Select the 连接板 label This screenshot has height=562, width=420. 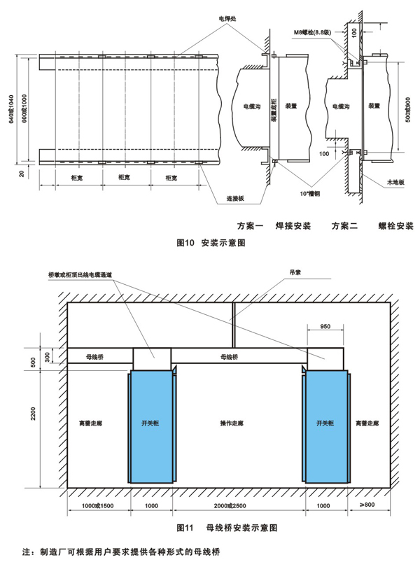click(236, 198)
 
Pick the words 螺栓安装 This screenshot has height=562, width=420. click(396, 227)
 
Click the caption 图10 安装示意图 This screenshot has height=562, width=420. click(209, 244)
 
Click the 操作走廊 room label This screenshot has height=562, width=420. click(232, 424)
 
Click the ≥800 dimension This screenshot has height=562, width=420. click(366, 505)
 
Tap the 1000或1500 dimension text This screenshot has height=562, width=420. click(98, 505)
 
